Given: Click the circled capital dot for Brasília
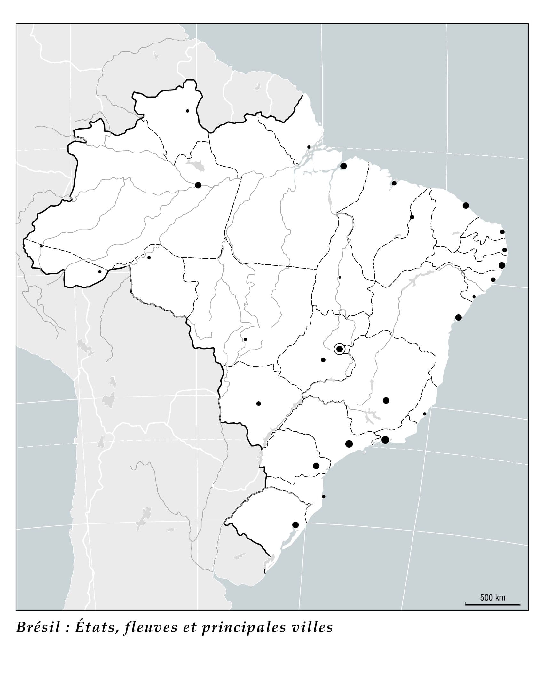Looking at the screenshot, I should (x=339, y=349).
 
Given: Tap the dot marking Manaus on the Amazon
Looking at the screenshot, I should (x=198, y=185).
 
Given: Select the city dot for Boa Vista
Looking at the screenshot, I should (x=187, y=111).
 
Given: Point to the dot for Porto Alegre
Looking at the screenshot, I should (x=295, y=525).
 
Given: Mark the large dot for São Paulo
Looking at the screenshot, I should (x=349, y=444).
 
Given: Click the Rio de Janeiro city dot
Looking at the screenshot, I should (x=385, y=440).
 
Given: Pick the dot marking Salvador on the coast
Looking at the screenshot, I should (x=458, y=318).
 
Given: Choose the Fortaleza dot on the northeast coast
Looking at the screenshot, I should (x=466, y=206).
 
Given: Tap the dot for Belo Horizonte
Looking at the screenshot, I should (x=386, y=400).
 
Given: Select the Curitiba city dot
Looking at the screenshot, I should (x=316, y=466).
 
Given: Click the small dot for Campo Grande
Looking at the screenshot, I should (x=259, y=404).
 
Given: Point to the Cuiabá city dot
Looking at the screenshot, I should (x=245, y=339).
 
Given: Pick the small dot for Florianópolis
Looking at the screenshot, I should (x=324, y=497).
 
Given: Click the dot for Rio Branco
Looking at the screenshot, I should (x=100, y=272).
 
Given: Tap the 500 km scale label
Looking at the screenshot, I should (x=492, y=597).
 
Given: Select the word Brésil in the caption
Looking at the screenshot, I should (x=38, y=627).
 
